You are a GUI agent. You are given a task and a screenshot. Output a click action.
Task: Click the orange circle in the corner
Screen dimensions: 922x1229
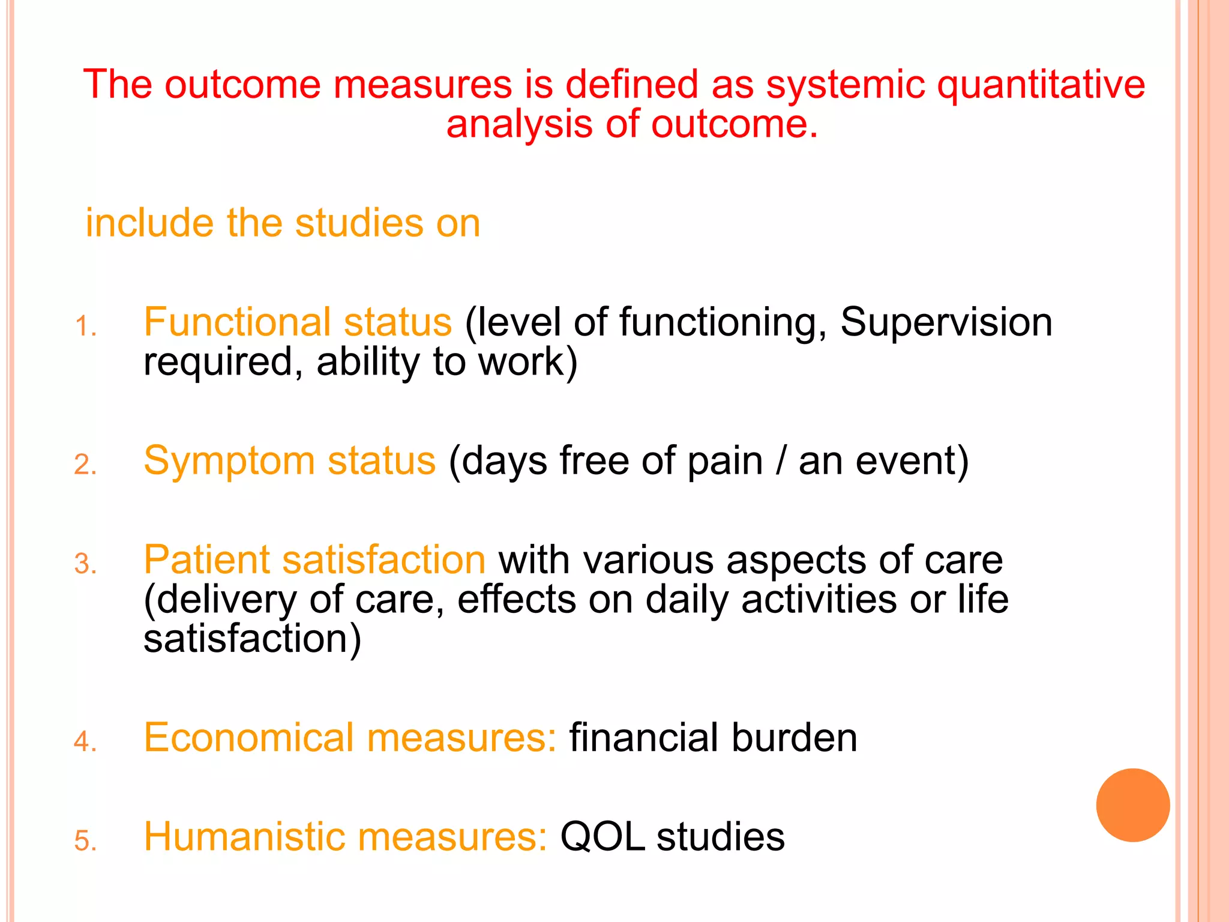1132,805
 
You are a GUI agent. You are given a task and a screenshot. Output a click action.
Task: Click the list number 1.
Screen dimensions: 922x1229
85,328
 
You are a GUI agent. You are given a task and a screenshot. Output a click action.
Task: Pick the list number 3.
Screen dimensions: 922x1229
85,565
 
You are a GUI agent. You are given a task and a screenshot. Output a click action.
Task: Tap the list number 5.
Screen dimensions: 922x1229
85,841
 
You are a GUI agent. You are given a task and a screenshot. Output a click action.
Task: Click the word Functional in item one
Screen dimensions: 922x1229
237,322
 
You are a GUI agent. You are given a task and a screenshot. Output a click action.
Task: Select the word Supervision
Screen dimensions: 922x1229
946,322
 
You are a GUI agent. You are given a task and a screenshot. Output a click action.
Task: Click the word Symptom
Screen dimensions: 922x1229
229,462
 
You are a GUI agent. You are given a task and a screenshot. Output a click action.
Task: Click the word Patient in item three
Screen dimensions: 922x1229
206,560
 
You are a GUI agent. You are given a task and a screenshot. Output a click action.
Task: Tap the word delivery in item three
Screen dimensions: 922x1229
226,600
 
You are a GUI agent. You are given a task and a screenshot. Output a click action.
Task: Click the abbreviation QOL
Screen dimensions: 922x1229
602,837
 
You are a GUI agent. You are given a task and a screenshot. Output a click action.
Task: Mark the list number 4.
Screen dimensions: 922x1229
85,742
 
